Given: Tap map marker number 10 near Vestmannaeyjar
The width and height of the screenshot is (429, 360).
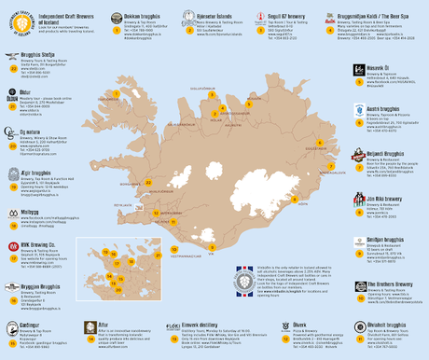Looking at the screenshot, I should [x=174, y=249].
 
